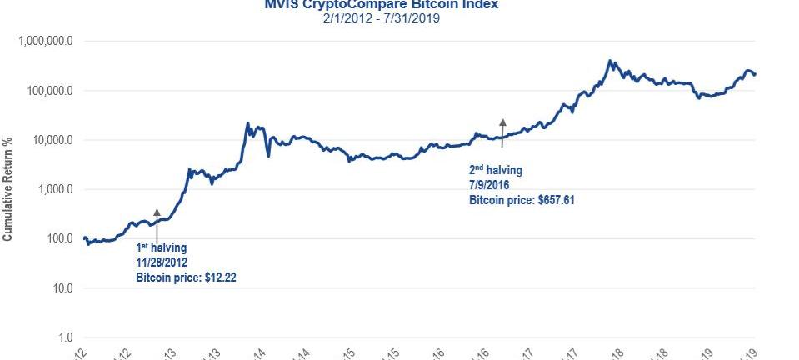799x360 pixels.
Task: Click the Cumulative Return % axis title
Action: pos(7,189)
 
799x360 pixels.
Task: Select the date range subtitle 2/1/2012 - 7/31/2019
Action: pos(381,17)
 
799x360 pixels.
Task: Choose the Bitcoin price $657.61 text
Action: pos(522,200)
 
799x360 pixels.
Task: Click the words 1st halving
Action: pos(162,247)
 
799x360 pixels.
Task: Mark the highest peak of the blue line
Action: pos(610,61)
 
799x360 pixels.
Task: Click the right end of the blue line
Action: pos(755,75)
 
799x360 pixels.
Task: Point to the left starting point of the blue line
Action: pos(84,238)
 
